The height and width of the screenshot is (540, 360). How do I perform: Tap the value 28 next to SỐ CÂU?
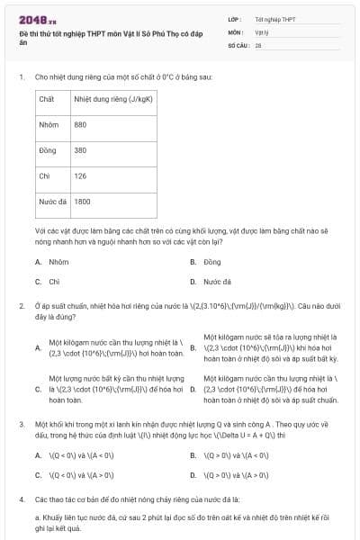pyautogui.click(x=258, y=43)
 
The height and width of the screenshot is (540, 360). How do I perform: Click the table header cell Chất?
pyautogui.click(x=47, y=98)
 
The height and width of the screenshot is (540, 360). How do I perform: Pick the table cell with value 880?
pyautogui.click(x=80, y=124)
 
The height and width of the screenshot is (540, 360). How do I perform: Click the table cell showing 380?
pyautogui.click(x=80, y=150)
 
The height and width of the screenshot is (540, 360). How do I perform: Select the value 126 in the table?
pyautogui.click(x=80, y=176)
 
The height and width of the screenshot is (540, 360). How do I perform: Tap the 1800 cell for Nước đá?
pyautogui.click(x=82, y=202)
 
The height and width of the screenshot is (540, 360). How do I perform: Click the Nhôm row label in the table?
pyautogui.click(x=49, y=124)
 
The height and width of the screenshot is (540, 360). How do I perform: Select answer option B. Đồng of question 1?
pyautogui.click(x=206, y=262)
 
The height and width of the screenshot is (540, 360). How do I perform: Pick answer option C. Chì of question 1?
pyautogui.click(x=49, y=282)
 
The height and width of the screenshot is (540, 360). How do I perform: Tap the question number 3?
pyautogui.click(x=21, y=422)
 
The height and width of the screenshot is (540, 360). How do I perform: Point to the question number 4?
pyautogui.click(x=21, y=498)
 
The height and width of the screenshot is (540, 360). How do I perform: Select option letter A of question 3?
pyautogui.click(x=38, y=455)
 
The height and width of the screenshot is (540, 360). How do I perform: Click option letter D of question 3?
pyautogui.click(x=193, y=474)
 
